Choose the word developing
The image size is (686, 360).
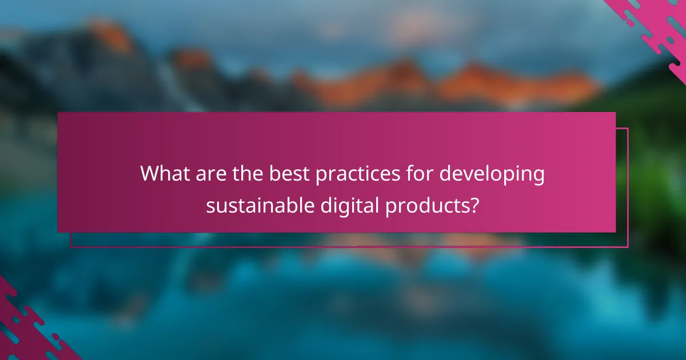[x=492, y=174]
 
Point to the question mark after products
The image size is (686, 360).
[x=473, y=205]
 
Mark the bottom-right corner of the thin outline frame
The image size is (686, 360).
[x=628, y=247]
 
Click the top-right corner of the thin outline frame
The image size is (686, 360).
[x=628, y=129]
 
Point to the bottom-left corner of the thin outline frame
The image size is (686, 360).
[x=71, y=247]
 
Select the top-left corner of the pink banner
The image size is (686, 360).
[x=58, y=113]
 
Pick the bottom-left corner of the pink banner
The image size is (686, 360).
[x=58, y=232]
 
